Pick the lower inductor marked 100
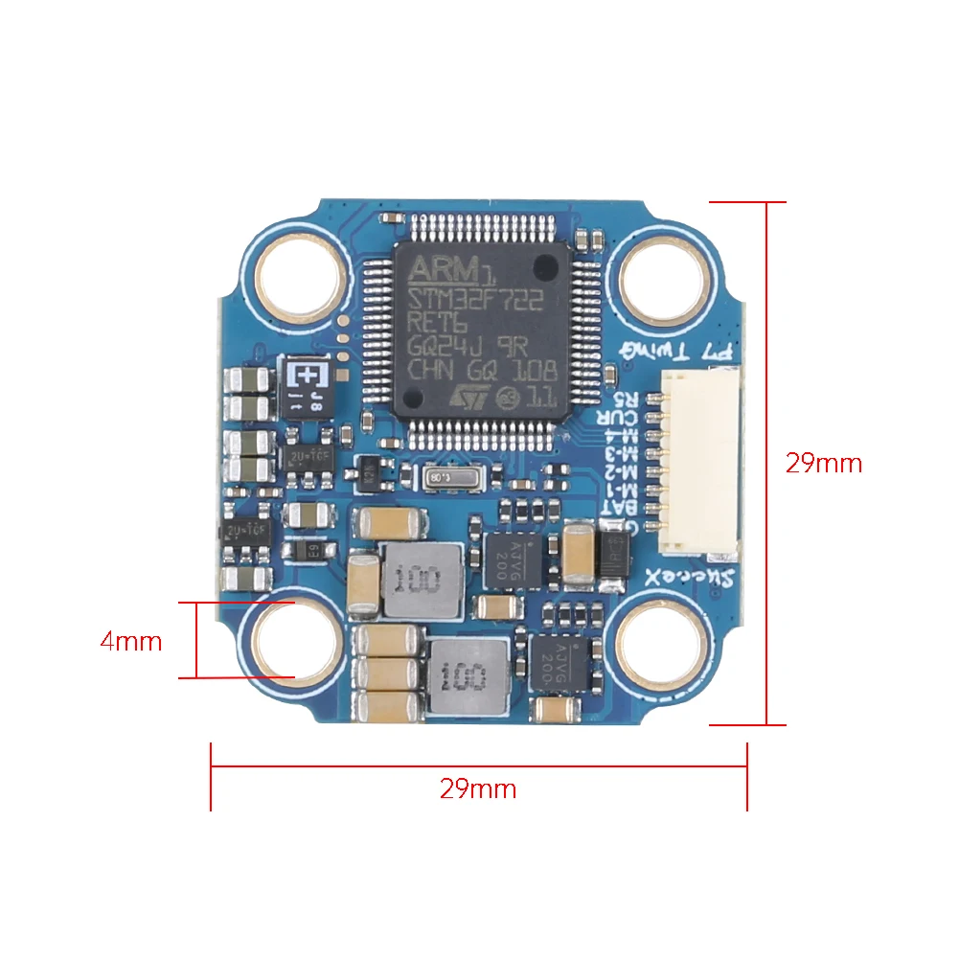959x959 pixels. [x=468, y=678]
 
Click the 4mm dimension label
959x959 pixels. [x=131, y=641]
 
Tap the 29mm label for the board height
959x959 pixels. [x=824, y=464]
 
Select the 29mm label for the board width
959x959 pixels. [x=478, y=788]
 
